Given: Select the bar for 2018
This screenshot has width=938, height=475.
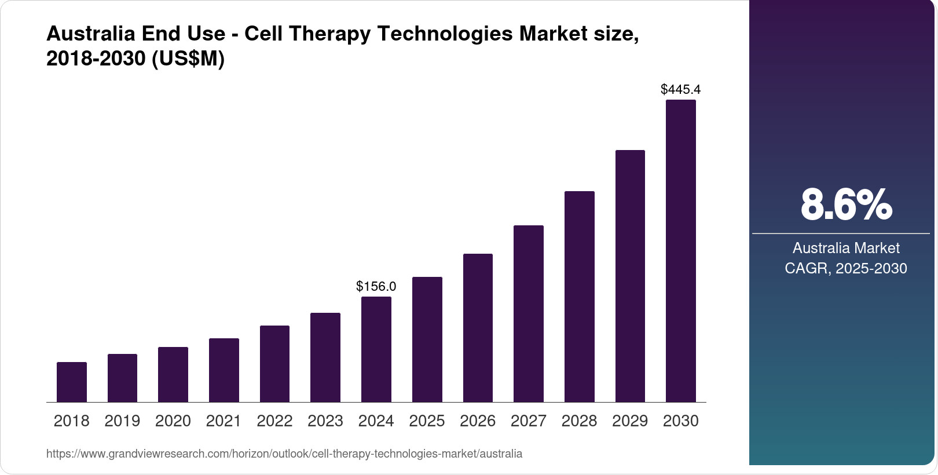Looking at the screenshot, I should coord(72,382).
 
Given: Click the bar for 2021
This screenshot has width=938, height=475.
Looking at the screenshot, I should coord(224,370).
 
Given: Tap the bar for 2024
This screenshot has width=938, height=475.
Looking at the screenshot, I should coord(376,349).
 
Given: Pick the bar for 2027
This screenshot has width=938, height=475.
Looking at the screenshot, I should coord(529,313).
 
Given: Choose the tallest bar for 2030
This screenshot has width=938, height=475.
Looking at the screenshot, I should coord(681,251).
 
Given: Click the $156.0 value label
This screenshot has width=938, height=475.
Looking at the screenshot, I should coord(376,286).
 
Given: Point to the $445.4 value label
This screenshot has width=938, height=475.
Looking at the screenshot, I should coord(681,89).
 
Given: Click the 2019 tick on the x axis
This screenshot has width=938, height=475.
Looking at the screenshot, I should coord(122,421).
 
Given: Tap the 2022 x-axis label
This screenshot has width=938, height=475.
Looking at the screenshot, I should coord(274,421).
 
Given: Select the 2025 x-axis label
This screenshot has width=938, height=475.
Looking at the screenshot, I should coord(427,421).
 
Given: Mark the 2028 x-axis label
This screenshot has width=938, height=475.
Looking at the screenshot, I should coord(579,421).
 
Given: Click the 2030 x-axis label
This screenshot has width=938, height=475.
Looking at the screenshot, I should coord(681,421).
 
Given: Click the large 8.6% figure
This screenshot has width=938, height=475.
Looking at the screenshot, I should coord(846,204).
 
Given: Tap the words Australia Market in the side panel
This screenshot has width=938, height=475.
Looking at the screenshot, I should coord(846,248).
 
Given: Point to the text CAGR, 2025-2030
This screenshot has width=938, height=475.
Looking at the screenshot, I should coord(846,268).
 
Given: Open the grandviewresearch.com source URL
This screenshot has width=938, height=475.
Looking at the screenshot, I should coord(284,454).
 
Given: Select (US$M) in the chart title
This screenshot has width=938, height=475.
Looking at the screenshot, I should coord(188,59).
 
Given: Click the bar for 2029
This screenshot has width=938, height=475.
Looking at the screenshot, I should coord(630,276).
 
